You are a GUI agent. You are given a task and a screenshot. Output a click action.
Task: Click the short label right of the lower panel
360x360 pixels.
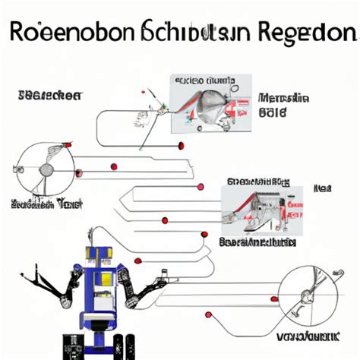pos(324,188)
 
